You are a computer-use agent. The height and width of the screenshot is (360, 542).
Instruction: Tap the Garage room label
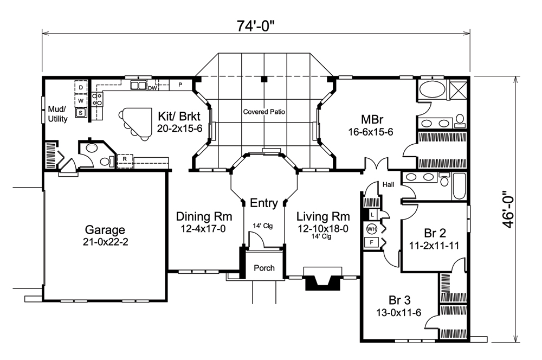pyautogui.click(x=104, y=229)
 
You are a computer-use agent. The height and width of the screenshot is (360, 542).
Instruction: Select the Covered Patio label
pyautogui.click(x=264, y=112)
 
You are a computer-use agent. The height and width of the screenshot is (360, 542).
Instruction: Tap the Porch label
pyautogui.click(x=264, y=268)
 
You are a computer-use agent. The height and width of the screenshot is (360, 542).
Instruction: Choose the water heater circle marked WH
pyautogui.click(x=372, y=228)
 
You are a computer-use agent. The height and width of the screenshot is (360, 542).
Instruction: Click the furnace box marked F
pyautogui.click(x=372, y=242)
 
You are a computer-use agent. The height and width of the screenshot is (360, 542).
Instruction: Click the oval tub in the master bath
pyautogui.click(x=432, y=89)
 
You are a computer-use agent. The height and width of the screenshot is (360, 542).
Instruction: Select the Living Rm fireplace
pyautogui.click(x=322, y=277)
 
